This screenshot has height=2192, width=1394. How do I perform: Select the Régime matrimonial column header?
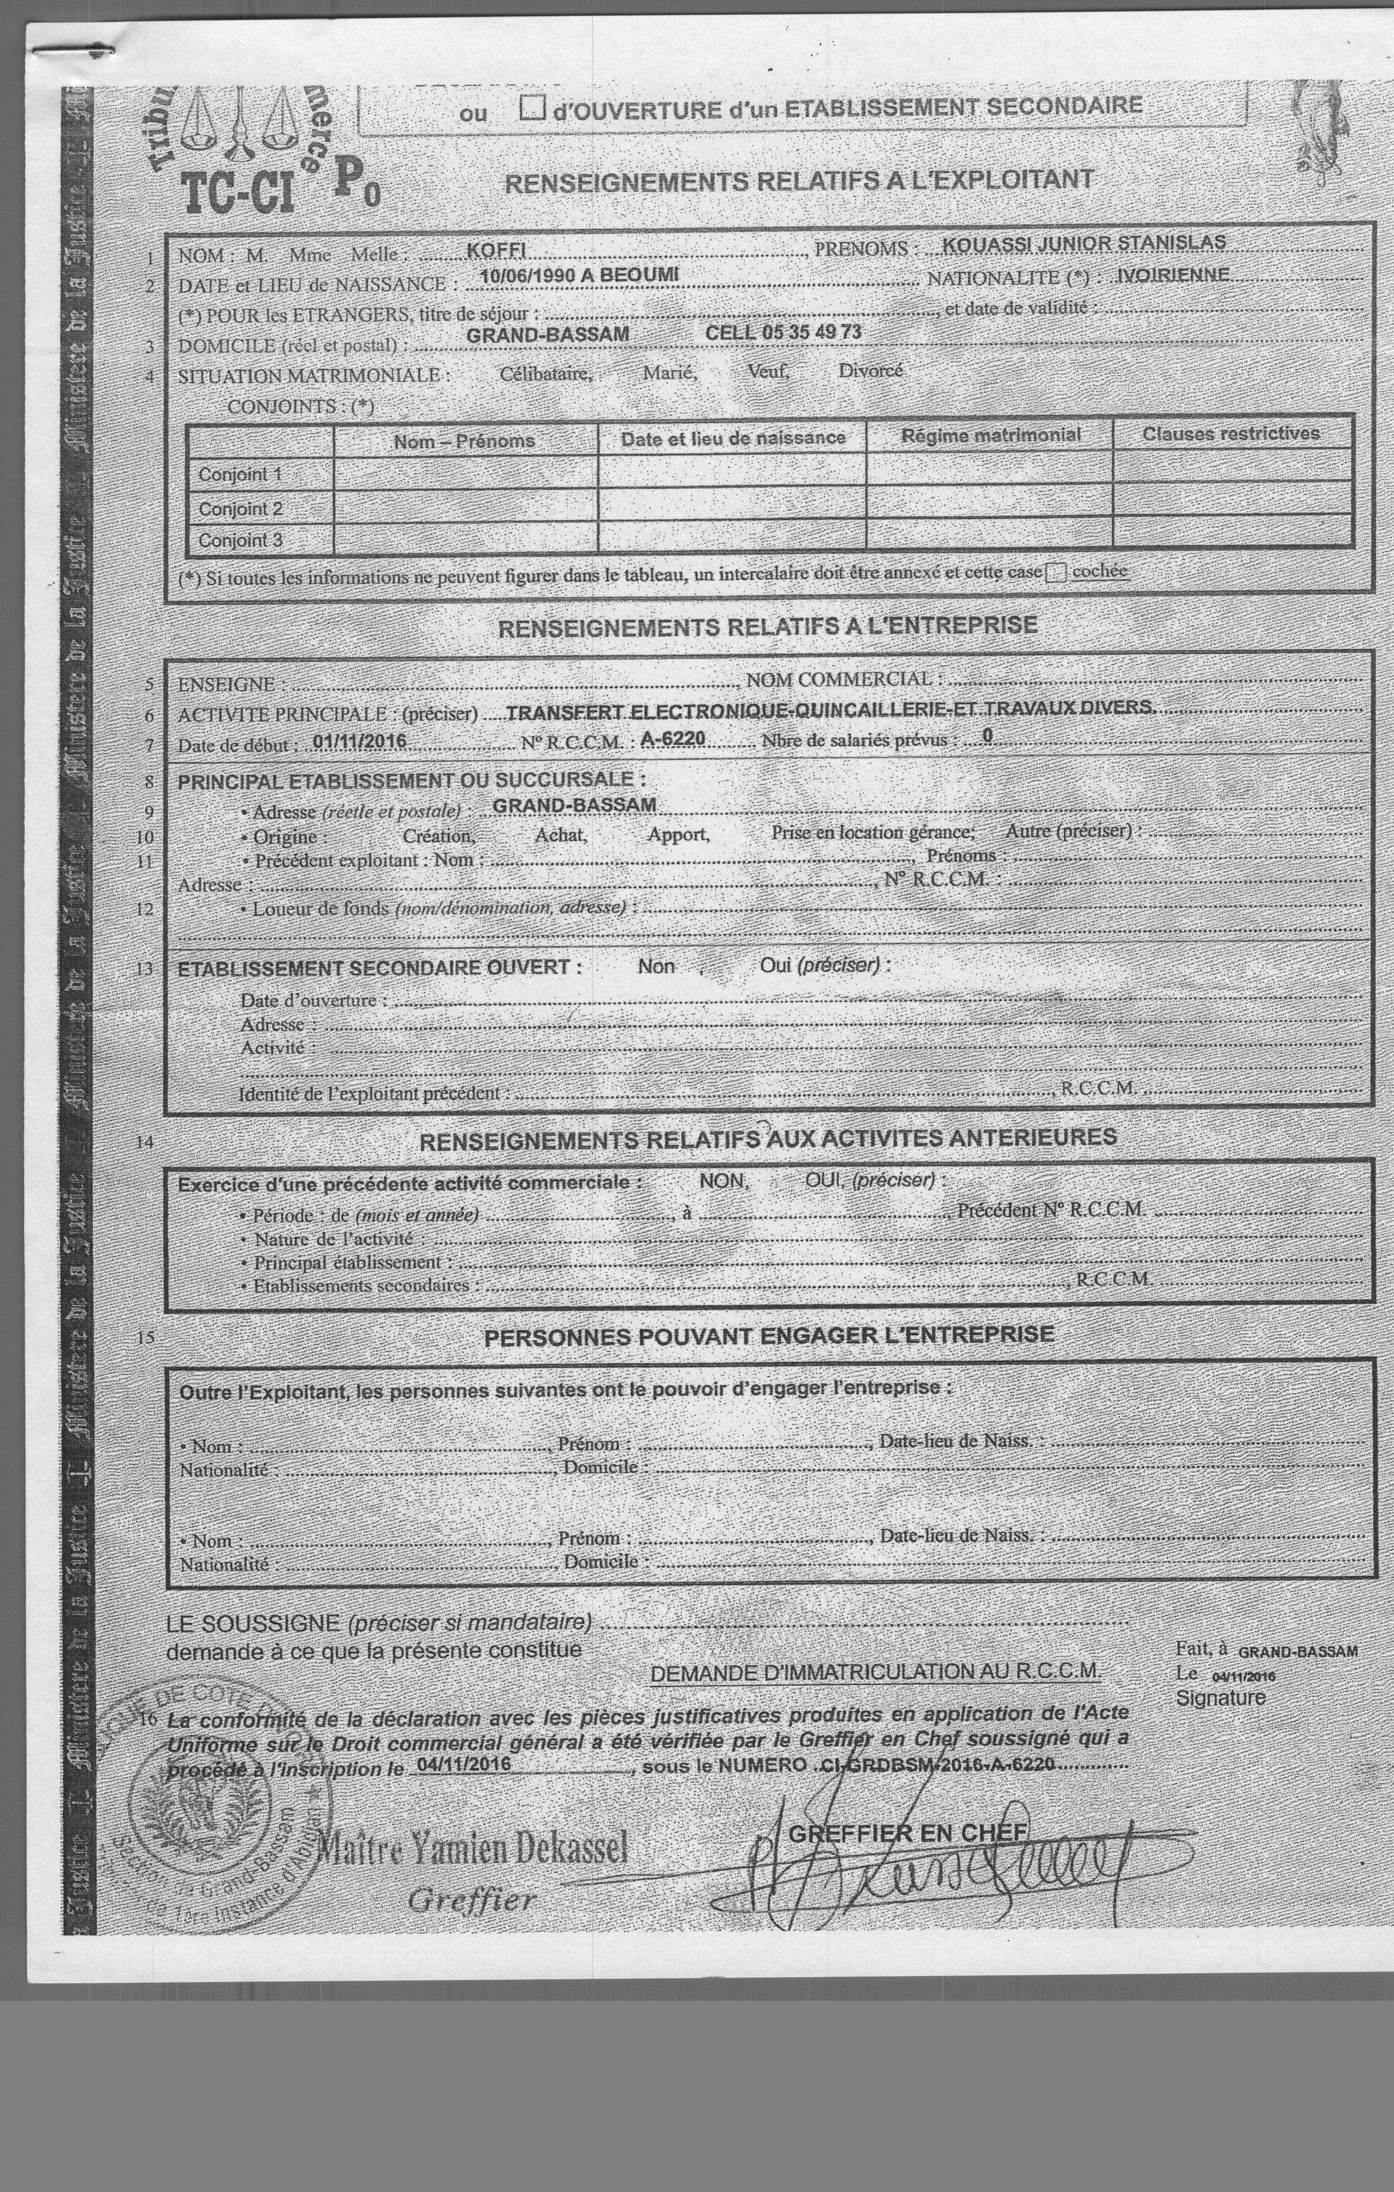[990, 435]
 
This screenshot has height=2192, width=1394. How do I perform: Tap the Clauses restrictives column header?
[1230, 433]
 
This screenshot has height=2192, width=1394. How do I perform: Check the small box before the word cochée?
[1056, 573]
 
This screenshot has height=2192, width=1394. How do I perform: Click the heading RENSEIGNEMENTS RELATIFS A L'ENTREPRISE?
[767, 626]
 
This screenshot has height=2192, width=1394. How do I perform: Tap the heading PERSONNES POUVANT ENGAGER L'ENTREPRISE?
[769, 1336]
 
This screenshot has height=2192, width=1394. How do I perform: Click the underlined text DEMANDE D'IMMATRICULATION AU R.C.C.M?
[875, 1671]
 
